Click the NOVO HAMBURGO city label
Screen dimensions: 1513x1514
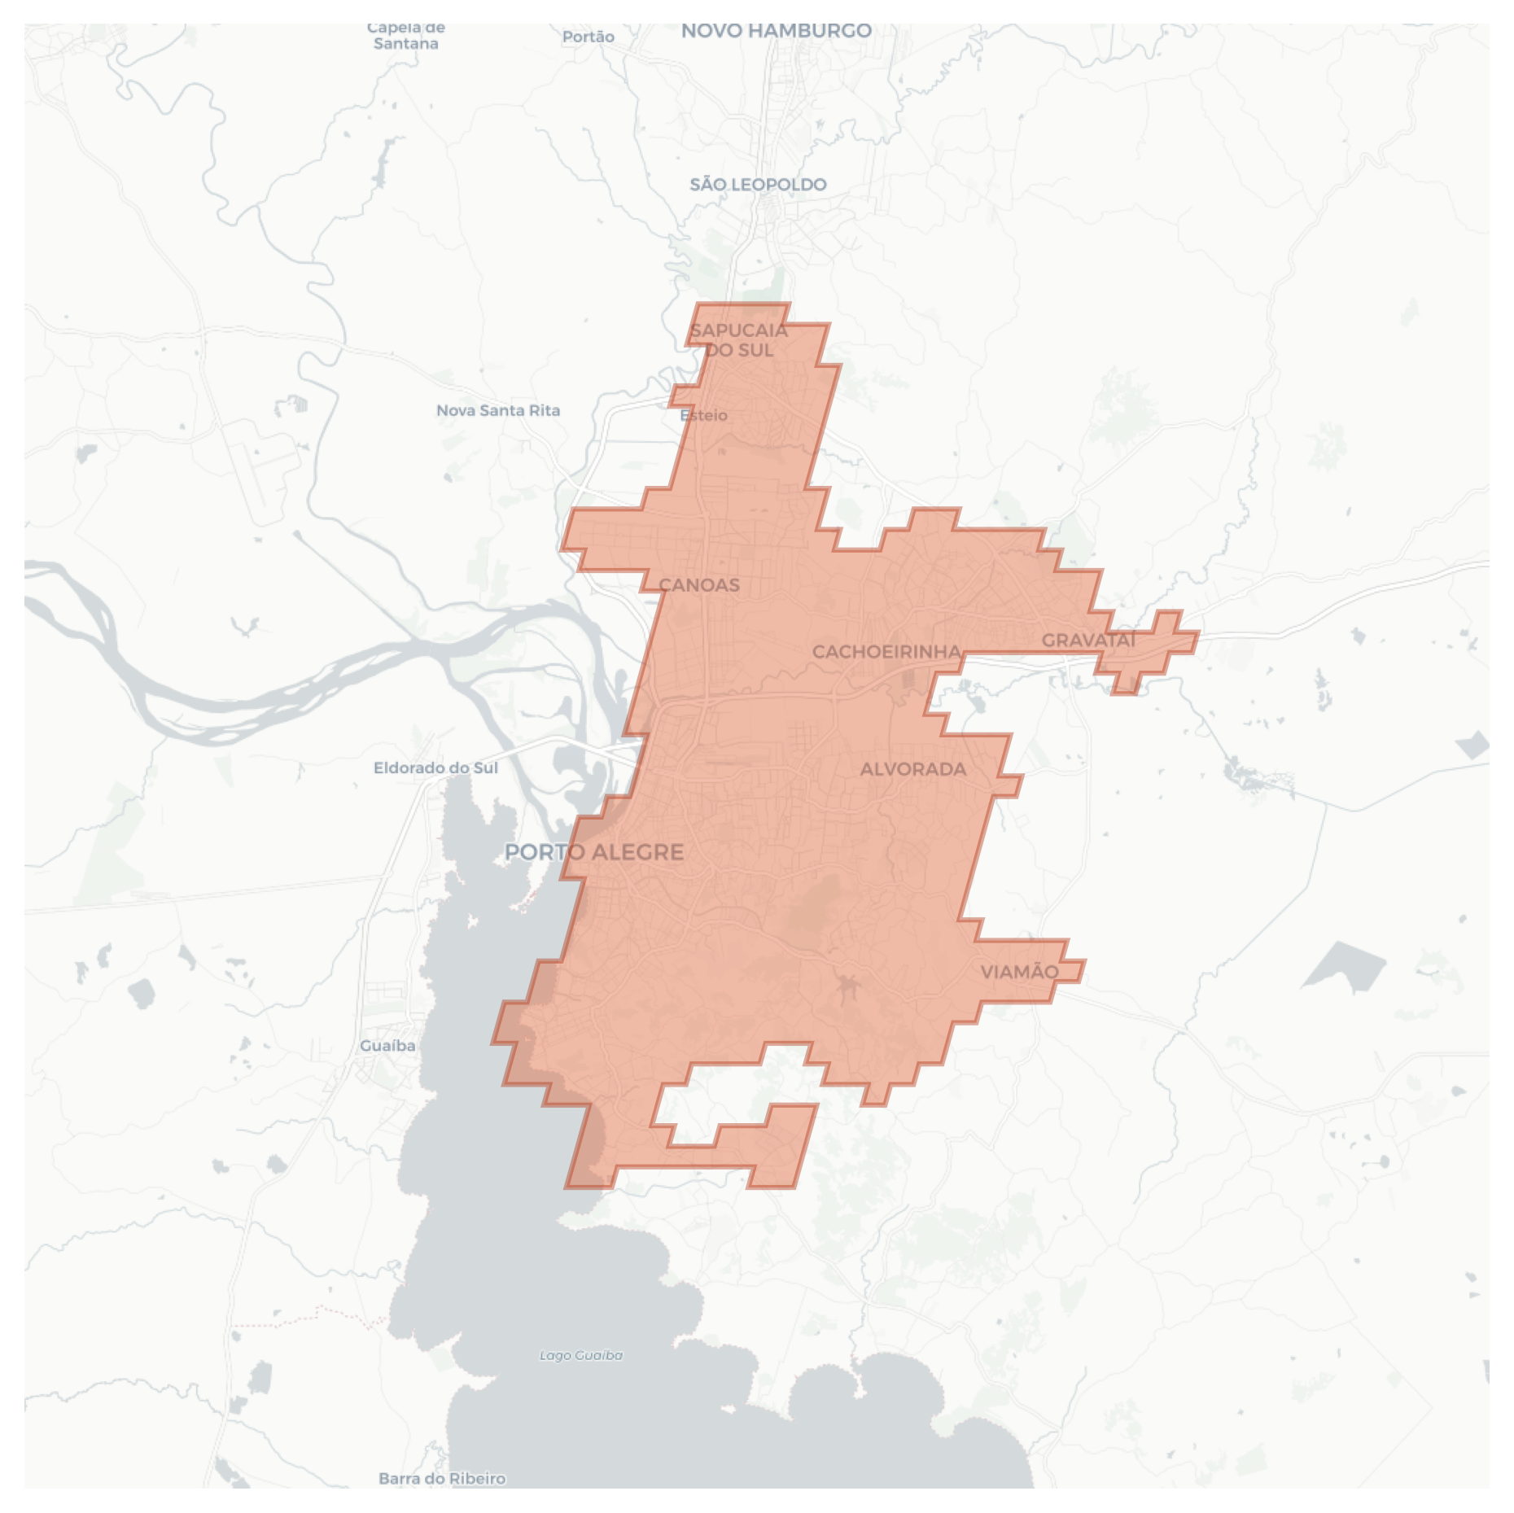click(x=776, y=31)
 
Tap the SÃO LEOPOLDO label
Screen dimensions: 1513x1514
click(x=758, y=185)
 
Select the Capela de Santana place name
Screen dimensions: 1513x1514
click(x=406, y=36)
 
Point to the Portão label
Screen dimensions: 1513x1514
click(x=588, y=37)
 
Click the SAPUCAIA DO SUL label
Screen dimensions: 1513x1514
click(x=738, y=340)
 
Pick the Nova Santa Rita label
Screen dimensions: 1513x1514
click(x=498, y=410)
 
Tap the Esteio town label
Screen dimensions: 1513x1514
click(x=704, y=415)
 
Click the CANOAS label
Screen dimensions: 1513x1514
click(x=699, y=585)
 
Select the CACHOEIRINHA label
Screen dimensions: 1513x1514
click(x=886, y=652)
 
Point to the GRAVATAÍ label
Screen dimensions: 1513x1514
click(x=1088, y=641)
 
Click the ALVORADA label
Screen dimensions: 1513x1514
click(x=913, y=769)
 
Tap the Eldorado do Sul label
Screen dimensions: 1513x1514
click(x=435, y=767)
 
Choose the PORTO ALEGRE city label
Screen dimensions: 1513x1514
click(x=594, y=852)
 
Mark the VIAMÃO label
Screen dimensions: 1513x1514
click(x=1019, y=972)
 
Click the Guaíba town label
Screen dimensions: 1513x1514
click(x=387, y=1046)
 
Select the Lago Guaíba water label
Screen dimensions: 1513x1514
click(x=581, y=1355)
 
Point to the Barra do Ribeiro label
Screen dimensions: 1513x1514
click(x=442, y=1478)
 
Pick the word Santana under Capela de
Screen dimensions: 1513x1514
click(x=406, y=44)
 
